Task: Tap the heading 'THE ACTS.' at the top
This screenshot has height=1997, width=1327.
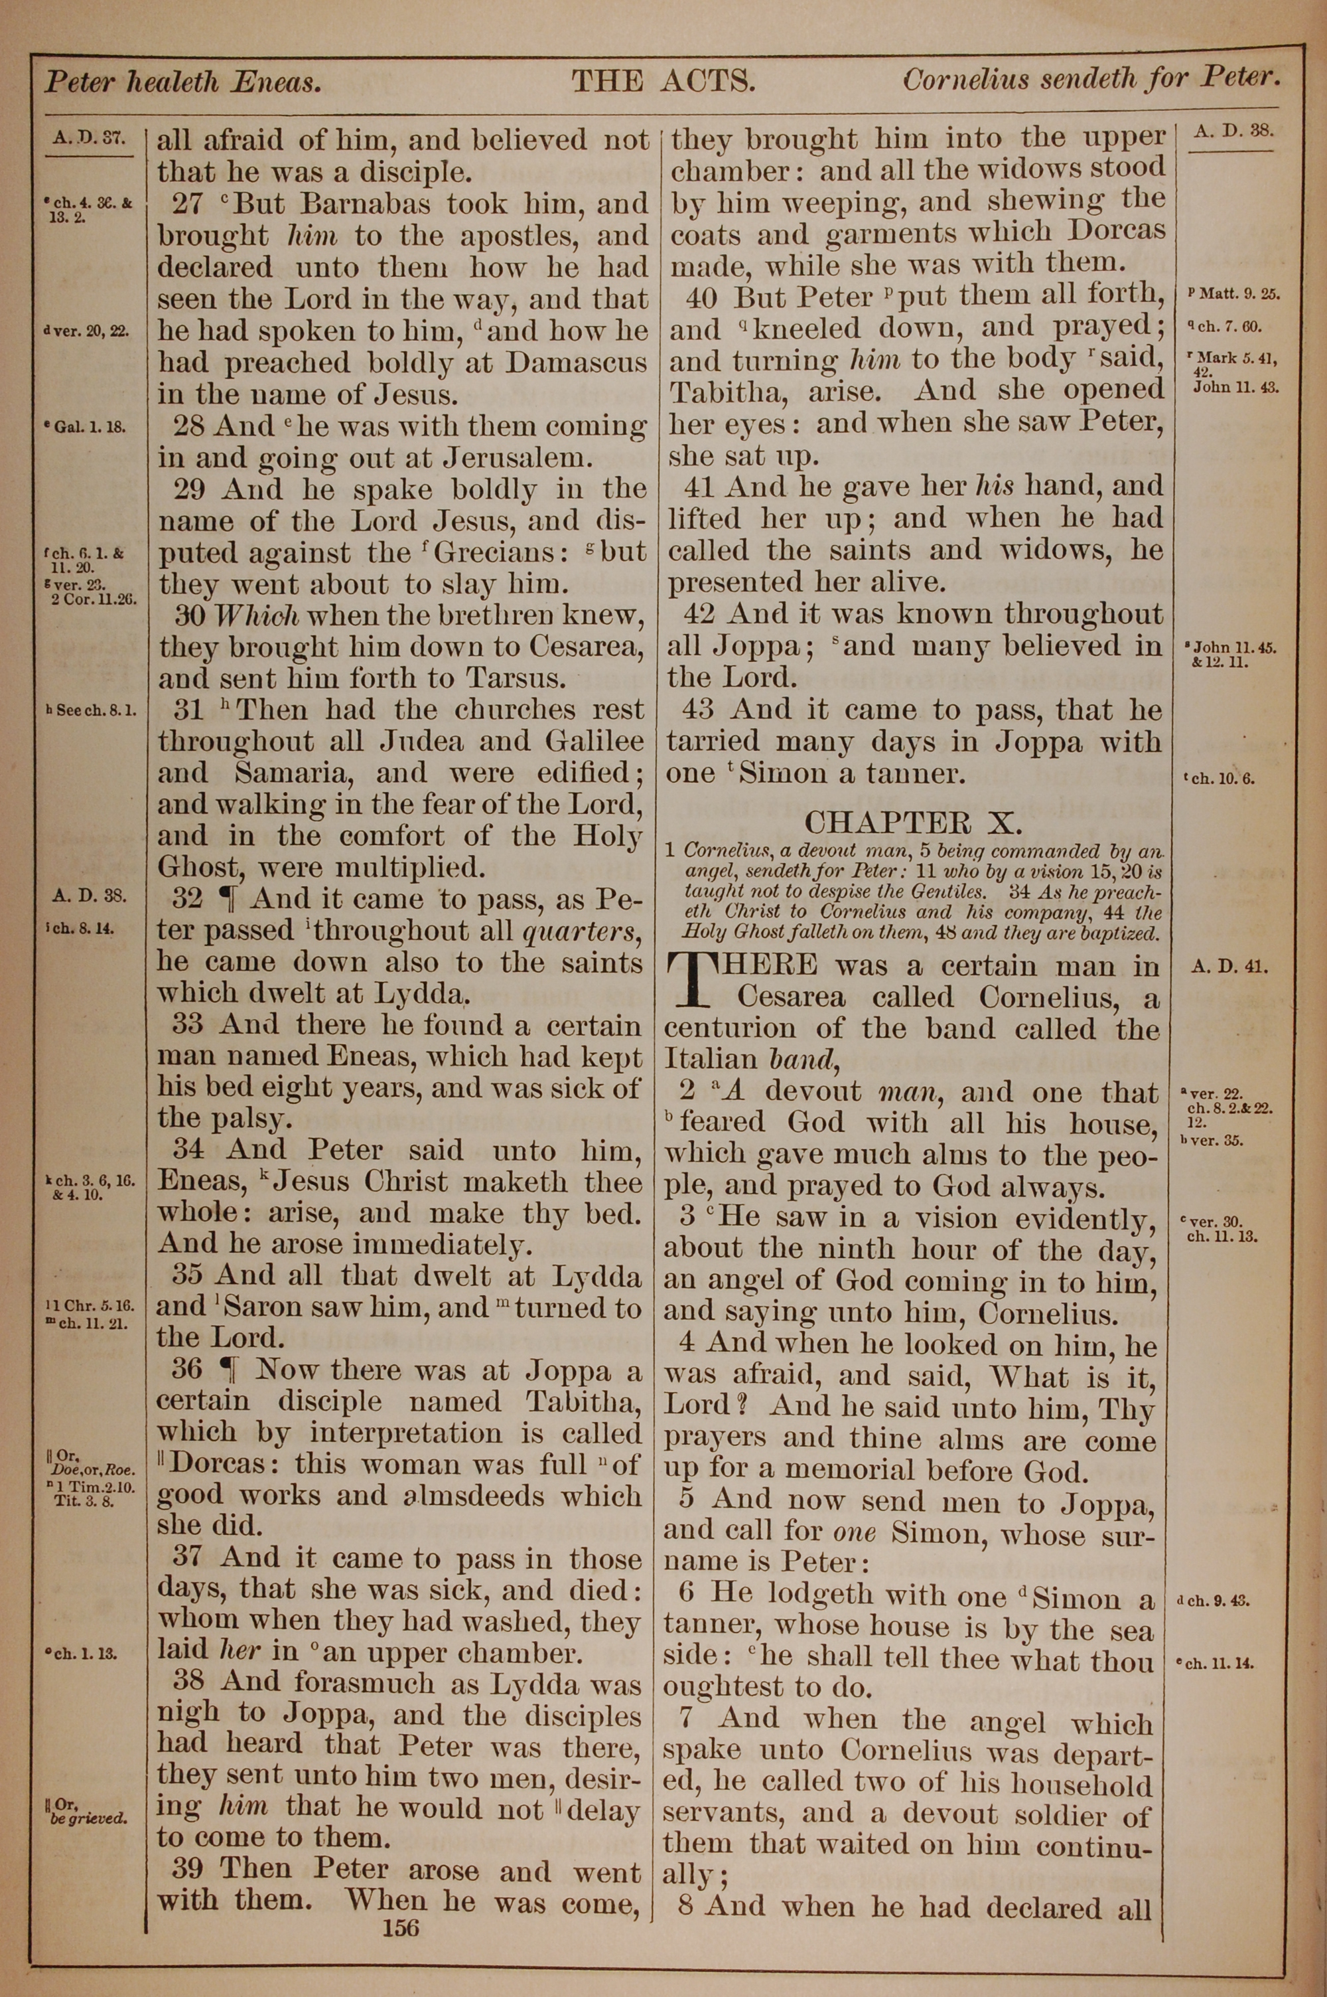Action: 663,81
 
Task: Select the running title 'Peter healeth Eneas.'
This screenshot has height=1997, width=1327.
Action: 183,82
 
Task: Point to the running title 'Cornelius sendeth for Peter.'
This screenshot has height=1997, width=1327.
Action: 1090,80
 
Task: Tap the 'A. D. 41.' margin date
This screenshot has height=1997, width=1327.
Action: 1229,967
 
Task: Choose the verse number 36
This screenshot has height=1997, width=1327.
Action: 188,1369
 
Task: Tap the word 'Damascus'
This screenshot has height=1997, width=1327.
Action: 575,363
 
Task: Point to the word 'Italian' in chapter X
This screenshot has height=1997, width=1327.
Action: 712,1059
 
